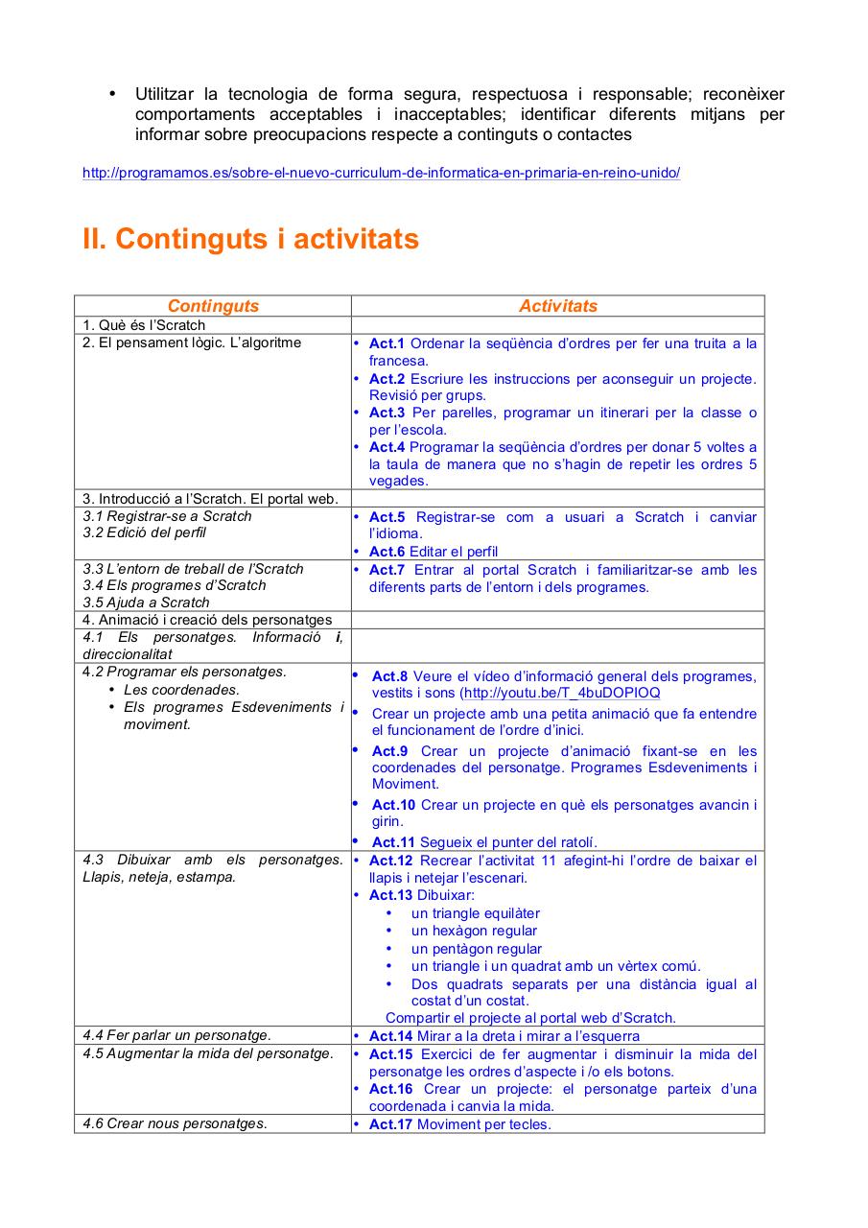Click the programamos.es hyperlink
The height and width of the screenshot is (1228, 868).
coord(381,174)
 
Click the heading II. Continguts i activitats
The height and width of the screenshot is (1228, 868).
coord(250,239)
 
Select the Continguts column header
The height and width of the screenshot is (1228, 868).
coord(213,306)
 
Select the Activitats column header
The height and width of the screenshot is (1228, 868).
coord(557,306)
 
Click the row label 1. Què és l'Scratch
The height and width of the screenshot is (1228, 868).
coord(144,325)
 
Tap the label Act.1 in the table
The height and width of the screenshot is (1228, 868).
coord(387,343)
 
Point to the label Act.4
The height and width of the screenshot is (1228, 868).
coord(387,447)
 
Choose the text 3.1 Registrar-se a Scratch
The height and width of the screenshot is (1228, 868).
coord(167,516)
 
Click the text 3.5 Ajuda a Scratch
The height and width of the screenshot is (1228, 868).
coord(146,602)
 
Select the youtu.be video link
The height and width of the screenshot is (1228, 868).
coord(561,693)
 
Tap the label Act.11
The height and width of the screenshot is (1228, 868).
coord(393,842)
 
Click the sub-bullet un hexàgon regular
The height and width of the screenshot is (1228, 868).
coord(474,931)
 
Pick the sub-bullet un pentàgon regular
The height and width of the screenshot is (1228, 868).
coord(477,949)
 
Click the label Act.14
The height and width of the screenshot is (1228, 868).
coord(390,1036)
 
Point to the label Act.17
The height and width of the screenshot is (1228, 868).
coord(390,1124)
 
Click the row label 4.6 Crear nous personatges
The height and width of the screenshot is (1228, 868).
coord(175,1123)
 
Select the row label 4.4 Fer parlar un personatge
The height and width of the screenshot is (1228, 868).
coord(176,1035)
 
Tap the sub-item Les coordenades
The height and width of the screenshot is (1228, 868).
coord(181,690)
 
